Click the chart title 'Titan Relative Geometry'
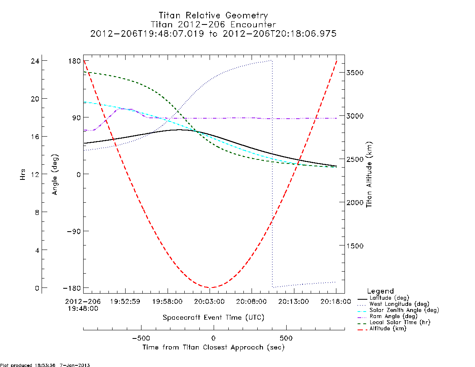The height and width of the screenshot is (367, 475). (213, 15)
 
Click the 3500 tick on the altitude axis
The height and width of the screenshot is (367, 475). (355, 73)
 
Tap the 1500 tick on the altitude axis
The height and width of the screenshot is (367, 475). (355, 246)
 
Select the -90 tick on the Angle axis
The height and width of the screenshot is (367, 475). (74, 231)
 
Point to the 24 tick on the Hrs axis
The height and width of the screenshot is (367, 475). (35, 61)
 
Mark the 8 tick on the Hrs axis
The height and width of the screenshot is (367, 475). (37, 212)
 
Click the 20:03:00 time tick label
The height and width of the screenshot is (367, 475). (209, 302)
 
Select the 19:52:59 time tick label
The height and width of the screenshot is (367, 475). (125, 302)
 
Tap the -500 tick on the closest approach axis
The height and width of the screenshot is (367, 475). (141, 338)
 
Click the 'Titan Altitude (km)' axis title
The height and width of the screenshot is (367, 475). (369, 175)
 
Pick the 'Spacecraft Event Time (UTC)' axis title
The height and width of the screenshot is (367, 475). (214, 318)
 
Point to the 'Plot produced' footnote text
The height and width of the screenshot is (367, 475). (45, 365)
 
